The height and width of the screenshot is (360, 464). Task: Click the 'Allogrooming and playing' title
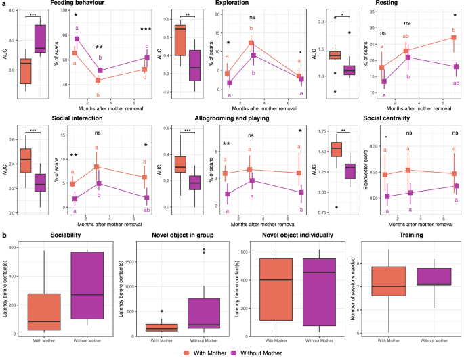click(233, 119)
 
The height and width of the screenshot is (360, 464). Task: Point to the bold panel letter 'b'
click(5, 234)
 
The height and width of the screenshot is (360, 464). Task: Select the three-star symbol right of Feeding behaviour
click(146, 29)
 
